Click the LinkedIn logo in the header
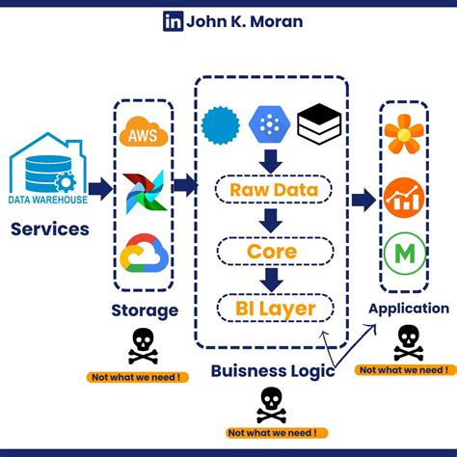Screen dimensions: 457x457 (x=174, y=21)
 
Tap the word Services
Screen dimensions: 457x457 (x=50, y=229)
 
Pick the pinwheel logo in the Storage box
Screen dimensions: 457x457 (x=144, y=192)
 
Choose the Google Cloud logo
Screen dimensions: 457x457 (x=144, y=254)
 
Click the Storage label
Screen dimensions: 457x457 (x=145, y=309)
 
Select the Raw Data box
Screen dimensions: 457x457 (x=274, y=190)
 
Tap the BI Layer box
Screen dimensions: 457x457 (x=274, y=309)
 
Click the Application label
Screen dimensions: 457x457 (x=409, y=309)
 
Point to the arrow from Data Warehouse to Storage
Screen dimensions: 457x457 (x=99, y=188)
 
